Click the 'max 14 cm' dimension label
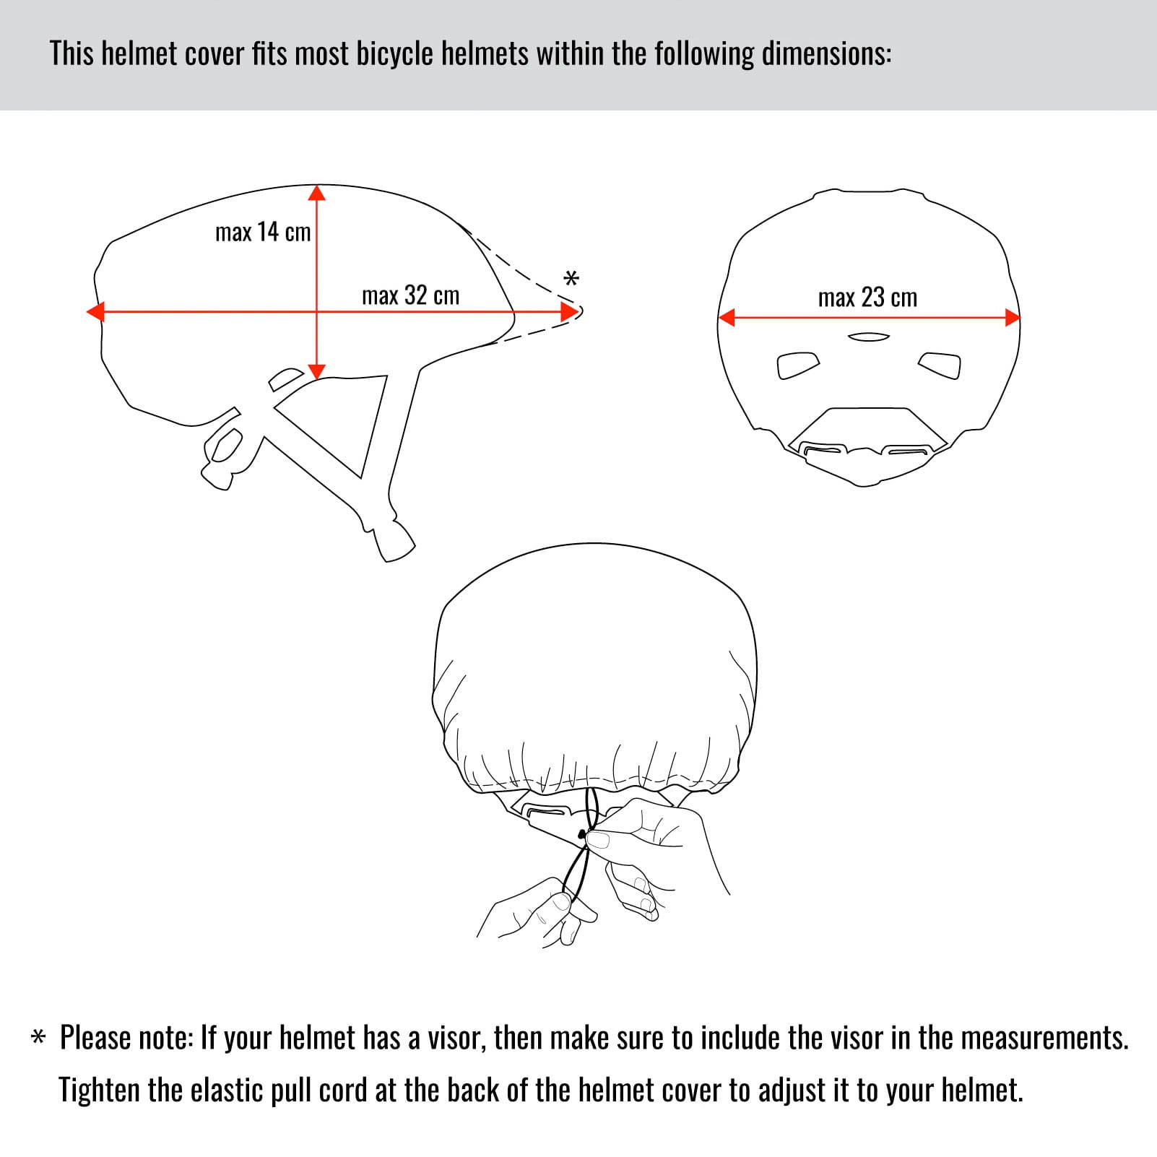(x=263, y=232)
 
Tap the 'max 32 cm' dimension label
(x=410, y=295)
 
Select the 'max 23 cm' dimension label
(x=867, y=298)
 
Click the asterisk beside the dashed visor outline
(x=571, y=279)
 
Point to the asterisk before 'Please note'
(x=38, y=1038)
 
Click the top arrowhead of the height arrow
(x=317, y=192)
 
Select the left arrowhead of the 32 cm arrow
(x=95, y=312)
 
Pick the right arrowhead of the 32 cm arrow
(x=570, y=312)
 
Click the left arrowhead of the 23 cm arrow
(x=727, y=317)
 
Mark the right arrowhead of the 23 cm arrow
(x=1012, y=317)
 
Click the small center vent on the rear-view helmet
(x=869, y=337)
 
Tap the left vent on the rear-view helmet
(x=798, y=365)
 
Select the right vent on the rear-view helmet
(x=940, y=365)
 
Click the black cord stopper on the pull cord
(x=581, y=835)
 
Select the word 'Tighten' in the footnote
(x=100, y=1090)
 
